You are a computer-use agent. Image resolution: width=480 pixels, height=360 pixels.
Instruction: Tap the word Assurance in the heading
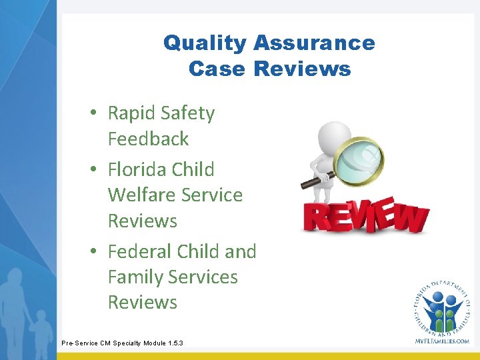click(x=313, y=43)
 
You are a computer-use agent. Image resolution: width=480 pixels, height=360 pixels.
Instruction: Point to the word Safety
click(x=189, y=113)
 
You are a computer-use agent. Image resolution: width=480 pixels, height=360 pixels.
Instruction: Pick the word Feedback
click(x=148, y=139)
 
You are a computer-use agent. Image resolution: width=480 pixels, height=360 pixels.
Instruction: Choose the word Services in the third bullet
click(x=204, y=277)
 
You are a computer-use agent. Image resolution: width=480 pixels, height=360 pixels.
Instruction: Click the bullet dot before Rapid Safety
click(x=95, y=114)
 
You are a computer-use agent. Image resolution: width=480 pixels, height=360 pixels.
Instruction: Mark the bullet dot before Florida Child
click(x=95, y=170)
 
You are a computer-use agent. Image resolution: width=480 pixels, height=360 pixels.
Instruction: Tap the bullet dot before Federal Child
click(x=95, y=252)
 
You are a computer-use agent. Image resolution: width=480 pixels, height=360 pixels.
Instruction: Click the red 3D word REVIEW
click(x=365, y=217)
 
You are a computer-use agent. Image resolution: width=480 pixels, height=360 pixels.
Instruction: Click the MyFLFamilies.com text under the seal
click(x=441, y=341)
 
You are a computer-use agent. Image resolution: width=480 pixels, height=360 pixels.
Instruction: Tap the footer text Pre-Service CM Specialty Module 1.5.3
click(x=122, y=343)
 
